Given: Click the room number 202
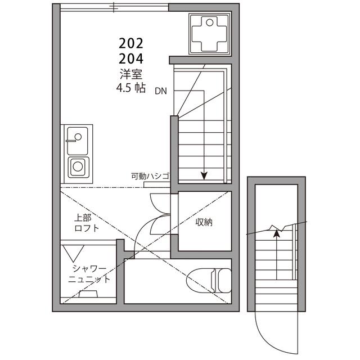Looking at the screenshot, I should pyautogui.click(x=131, y=43).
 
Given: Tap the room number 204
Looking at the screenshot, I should pyautogui.click(x=131, y=58).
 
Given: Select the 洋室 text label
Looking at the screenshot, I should pyautogui.click(x=131, y=73).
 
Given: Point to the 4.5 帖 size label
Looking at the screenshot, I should pyautogui.click(x=131, y=88).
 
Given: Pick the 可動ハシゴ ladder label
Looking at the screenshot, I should pyautogui.click(x=150, y=176).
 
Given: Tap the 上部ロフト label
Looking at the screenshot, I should pyautogui.click(x=87, y=223).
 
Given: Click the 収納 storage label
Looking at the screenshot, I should pyautogui.click(x=204, y=222).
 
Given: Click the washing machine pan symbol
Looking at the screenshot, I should pyautogui.click(x=210, y=33).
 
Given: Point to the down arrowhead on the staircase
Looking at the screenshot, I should pyautogui.click(x=204, y=175).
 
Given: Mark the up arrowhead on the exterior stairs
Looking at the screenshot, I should pyautogui.click(x=276, y=231).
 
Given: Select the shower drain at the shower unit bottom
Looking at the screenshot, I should pyautogui.click(x=89, y=294).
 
